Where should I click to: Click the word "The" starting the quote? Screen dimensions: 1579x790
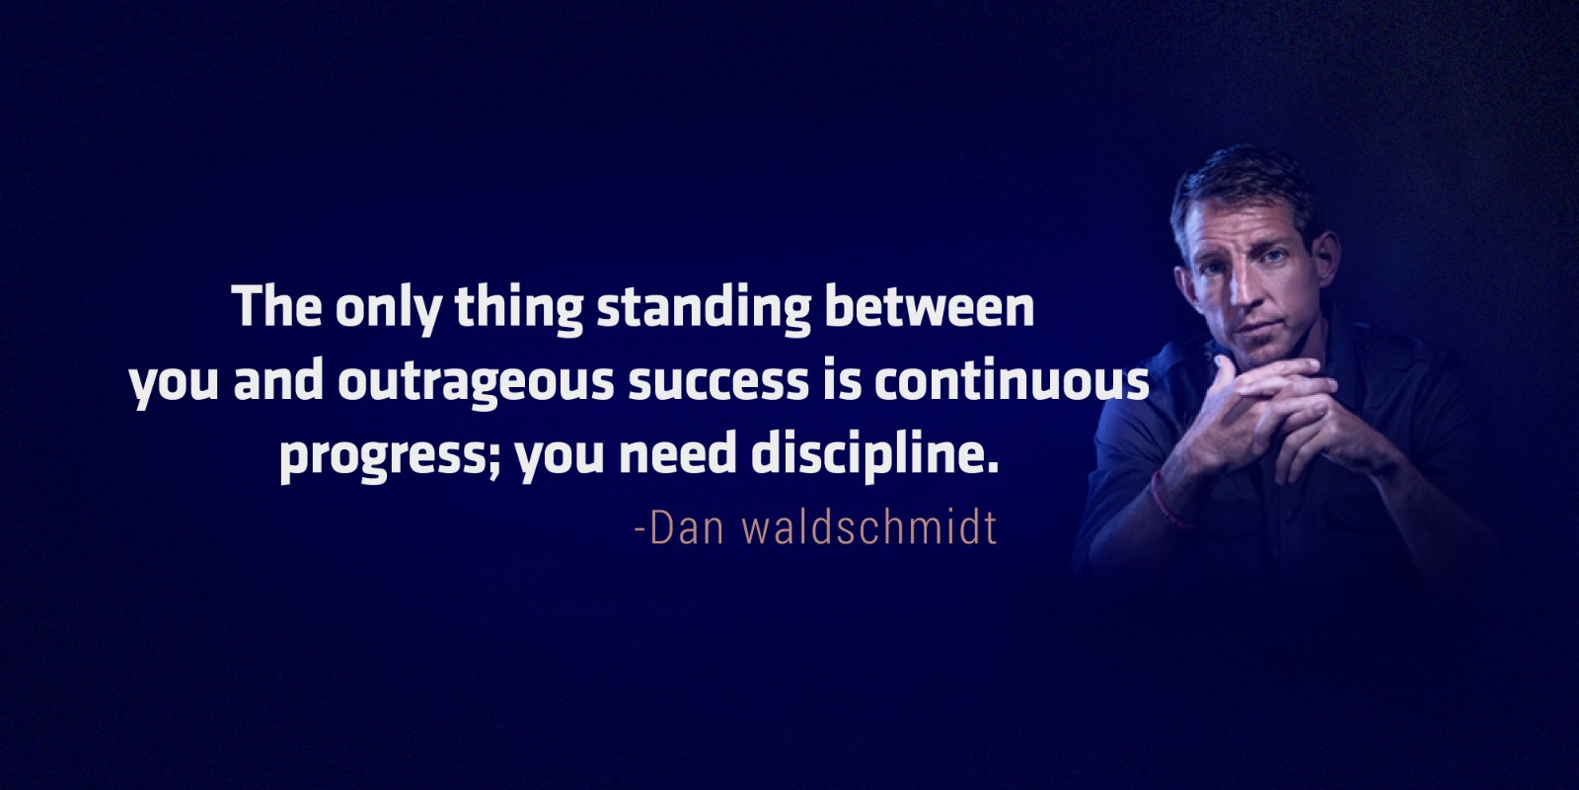tap(277, 306)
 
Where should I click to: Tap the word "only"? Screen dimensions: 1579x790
tap(389, 310)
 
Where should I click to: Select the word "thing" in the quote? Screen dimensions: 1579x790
tap(519, 310)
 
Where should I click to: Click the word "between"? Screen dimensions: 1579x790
tap(929, 306)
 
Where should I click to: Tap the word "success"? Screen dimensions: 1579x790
tap(718, 385)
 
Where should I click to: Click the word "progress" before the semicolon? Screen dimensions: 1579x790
tap(384, 457)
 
